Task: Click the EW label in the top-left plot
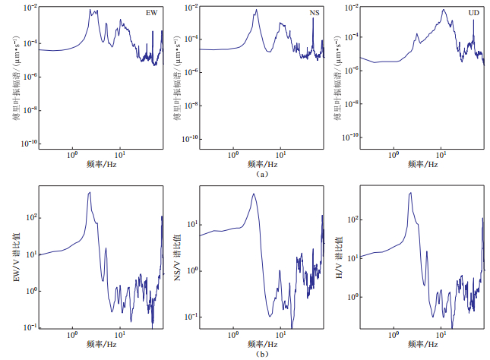point(151,13)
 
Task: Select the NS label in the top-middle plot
point(315,13)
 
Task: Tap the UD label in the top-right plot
point(476,13)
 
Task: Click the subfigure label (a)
point(262,174)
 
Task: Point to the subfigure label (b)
point(262,352)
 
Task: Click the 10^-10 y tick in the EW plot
point(27,144)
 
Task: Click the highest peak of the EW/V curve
point(90,192)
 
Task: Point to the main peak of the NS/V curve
point(254,194)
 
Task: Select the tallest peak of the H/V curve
point(410,192)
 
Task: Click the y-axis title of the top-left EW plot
point(17,76)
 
